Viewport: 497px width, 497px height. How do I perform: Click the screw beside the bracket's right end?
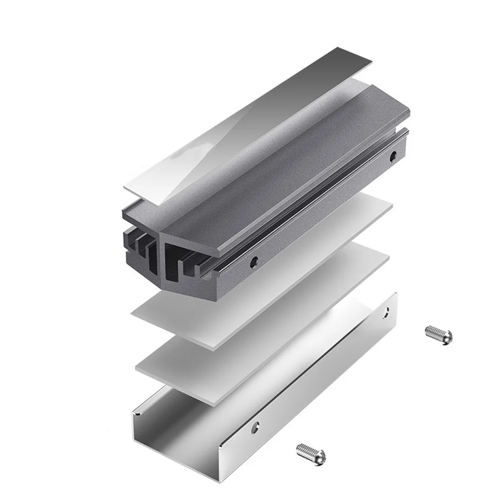coord(439,335)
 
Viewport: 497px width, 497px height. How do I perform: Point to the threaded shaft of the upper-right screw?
coord(433,332)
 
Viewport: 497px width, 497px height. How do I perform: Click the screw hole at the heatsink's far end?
coord(393,155)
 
